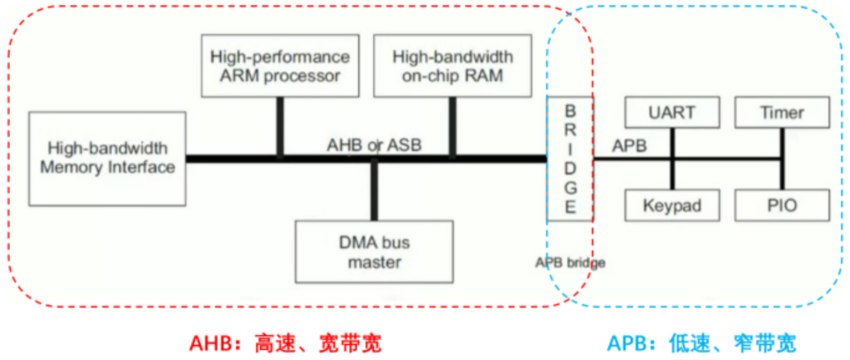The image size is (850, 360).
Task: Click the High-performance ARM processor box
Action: click(x=279, y=66)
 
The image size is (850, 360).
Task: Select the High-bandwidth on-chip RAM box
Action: click(x=452, y=66)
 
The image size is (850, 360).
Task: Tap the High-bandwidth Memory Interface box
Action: click(x=107, y=158)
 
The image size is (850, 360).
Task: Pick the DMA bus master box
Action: click(x=374, y=252)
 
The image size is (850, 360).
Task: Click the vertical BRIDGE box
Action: click(x=570, y=158)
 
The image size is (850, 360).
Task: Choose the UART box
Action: click(x=672, y=112)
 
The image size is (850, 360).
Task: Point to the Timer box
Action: click(x=782, y=112)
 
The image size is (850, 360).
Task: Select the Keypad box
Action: click(x=672, y=205)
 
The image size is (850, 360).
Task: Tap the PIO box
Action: click(x=782, y=205)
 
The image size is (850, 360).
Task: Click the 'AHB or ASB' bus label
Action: click(x=374, y=144)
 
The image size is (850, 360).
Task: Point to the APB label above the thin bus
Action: click(x=629, y=146)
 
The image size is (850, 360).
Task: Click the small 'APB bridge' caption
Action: click(x=570, y=262)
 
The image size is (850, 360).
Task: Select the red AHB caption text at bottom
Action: click(x=286, y=343)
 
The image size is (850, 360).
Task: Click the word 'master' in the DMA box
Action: click(x=374, y=262)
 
